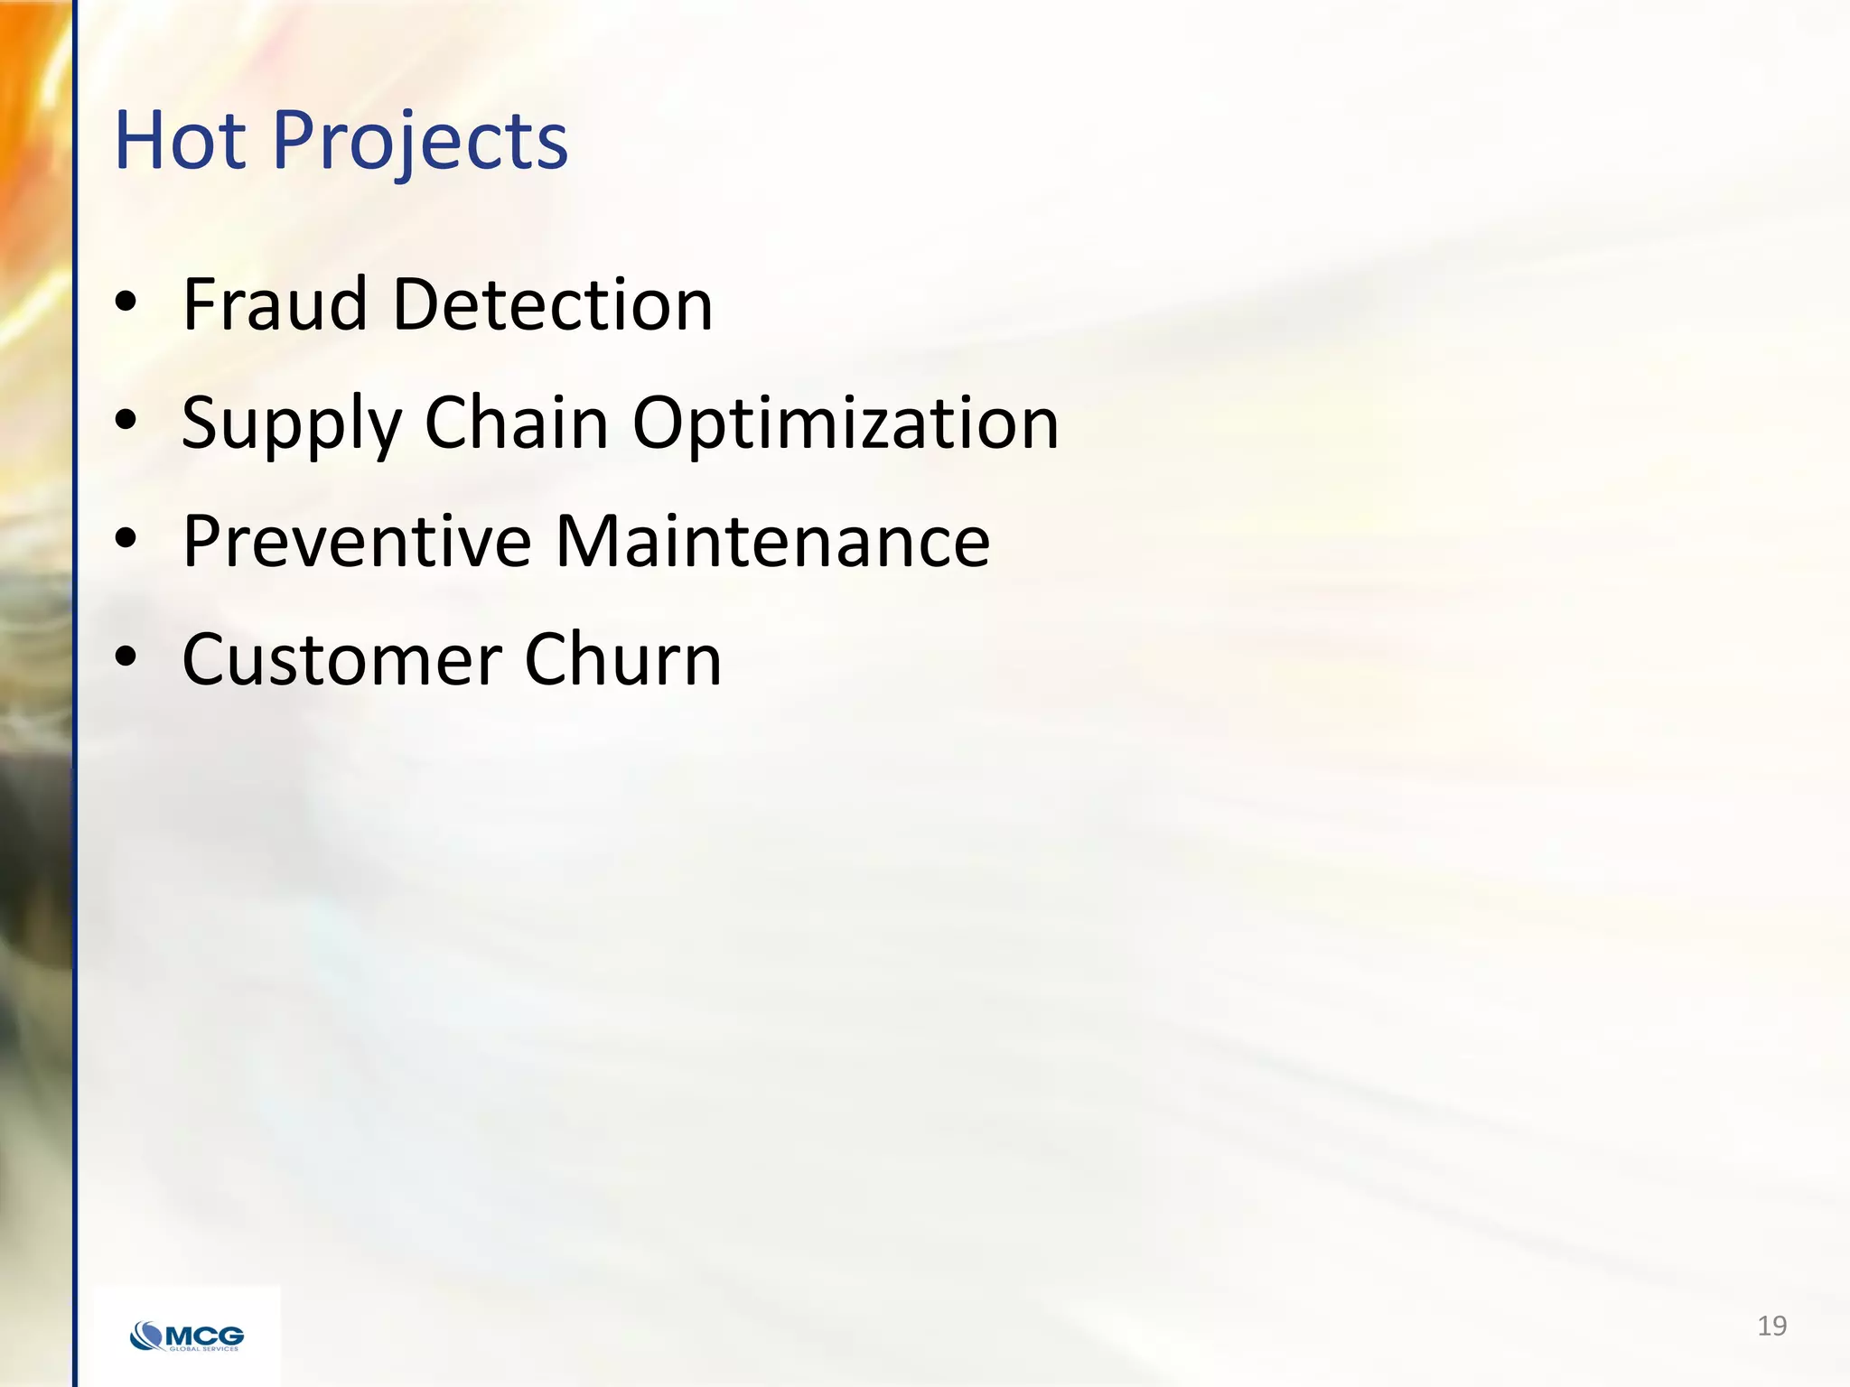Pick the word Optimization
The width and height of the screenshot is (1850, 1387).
tap(846, 424)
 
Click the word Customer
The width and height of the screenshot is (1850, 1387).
tap(341, 660)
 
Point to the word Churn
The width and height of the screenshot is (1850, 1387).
tap(623, 660)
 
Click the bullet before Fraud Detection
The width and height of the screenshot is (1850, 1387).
tap(126, 303)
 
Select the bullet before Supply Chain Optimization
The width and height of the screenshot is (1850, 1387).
tap(126, 421)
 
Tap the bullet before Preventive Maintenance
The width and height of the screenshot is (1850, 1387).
tap(126, 540)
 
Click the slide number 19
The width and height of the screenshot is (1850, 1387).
tap(1771, 1326)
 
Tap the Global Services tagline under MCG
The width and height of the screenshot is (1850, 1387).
tap(204, 1349)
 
